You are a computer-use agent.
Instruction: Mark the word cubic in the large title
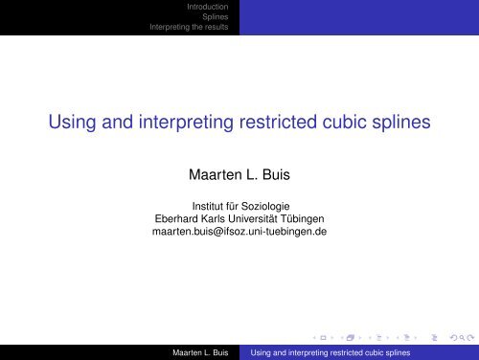click(354, 124)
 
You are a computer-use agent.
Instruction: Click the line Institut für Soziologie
click(239, 205)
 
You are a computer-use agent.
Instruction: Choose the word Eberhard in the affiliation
click(183, 218)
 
